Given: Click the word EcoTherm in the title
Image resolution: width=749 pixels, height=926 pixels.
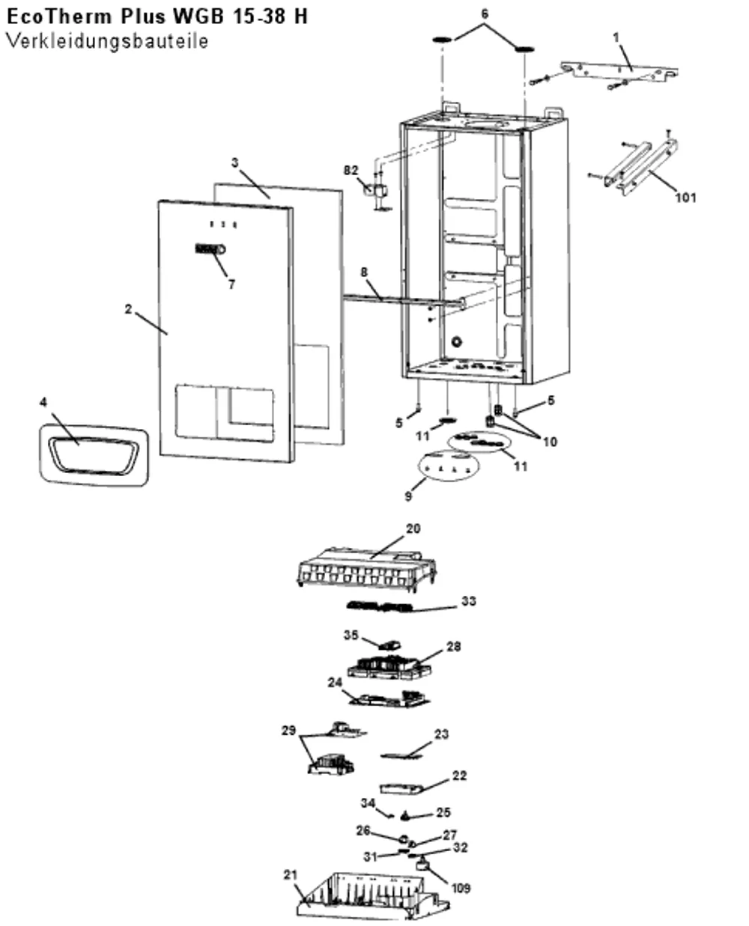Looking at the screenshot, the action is click(60, 16).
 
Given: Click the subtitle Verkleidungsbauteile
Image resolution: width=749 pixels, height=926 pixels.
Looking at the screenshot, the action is click(107, 42).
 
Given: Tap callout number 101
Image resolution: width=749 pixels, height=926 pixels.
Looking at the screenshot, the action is click(685, 198).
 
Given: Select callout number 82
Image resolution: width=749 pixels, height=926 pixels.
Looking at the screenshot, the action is click(351, 171).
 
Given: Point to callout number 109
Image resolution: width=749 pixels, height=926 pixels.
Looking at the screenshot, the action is click(461, 888).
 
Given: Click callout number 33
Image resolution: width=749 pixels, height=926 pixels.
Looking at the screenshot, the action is click(468, 601).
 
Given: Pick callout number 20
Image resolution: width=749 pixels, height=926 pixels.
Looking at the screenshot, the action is click(413, 529).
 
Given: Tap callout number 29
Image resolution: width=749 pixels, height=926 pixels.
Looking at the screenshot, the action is click(288, 731).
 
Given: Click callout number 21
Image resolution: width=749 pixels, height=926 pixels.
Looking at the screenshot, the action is click(290, 874).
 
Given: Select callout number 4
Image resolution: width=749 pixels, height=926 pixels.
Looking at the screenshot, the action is click(43, 402).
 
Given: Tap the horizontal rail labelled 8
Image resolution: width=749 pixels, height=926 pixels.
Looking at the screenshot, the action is click(404, 300).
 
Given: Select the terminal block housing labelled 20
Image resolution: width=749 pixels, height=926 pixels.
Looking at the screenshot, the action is click(367, 569).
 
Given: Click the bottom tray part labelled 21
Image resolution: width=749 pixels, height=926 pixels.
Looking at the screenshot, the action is click(373, 897).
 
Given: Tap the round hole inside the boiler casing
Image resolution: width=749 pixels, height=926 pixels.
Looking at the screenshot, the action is click(456, 341).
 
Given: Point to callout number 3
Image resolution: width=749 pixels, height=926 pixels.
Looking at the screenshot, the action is click(235, 162).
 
